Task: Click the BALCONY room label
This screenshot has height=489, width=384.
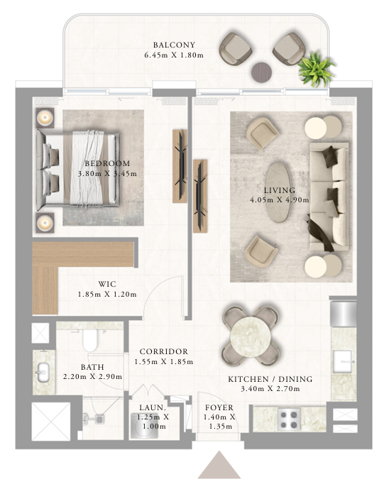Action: click(174, 45)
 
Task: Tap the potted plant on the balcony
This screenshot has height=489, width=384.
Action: click(316, 70)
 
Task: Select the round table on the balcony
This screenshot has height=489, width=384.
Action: click(261, 72)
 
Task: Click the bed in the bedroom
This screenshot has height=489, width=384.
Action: click(77, 170)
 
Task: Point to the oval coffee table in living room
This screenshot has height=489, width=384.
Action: click(279, 193)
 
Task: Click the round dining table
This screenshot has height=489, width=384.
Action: click(250, 336)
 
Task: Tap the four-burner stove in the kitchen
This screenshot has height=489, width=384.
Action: click(289, 419)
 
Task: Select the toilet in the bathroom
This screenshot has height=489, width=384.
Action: click(90, 341)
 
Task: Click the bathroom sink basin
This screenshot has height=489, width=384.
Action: click(43, 372)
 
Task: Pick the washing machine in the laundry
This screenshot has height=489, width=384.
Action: click(143, 426)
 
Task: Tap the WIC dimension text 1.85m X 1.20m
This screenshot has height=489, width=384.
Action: click(107, 294)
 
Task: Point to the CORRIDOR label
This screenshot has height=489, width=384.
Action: click(164, 351)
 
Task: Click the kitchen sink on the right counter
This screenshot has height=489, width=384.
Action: click(344, 362)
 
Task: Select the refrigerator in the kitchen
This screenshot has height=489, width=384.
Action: click(343, 314)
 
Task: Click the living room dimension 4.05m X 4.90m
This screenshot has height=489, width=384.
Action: click(280, 199)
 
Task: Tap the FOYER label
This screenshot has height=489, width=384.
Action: click(219, 407)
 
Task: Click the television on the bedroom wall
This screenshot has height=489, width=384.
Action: click(180, 166)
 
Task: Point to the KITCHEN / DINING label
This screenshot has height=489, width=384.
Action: click(270, 379)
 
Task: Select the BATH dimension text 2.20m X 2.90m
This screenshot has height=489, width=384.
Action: click(92, 377)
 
